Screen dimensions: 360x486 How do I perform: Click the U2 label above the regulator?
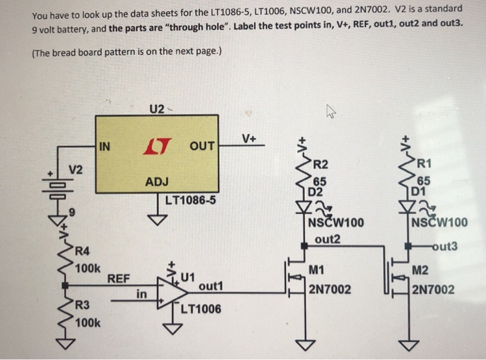(157, 109)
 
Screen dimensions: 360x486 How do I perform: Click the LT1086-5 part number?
(192, 202)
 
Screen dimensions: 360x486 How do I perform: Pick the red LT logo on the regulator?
(153, 145)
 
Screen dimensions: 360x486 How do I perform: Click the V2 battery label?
(76, 170)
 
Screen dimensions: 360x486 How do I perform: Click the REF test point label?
(119, 278)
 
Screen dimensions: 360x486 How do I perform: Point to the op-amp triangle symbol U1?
(169, 291)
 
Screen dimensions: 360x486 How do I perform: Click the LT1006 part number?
(201, 309)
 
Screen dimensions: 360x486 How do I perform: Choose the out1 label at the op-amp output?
(210, 286)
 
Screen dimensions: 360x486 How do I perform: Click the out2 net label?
(327, 238)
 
